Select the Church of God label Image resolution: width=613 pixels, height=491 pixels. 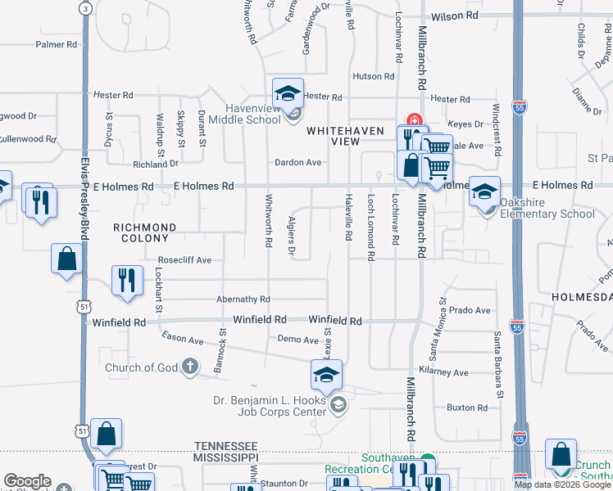point(141,367)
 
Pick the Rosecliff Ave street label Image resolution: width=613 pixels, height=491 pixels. point(184,260)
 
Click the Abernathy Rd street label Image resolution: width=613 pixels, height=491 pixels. point(243,300)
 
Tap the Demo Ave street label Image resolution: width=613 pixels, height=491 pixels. point(297,339)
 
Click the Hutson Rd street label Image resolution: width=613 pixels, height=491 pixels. point(373,76)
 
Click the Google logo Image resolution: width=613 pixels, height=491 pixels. point(27,481)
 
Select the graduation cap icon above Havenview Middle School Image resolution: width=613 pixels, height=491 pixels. point(288,94)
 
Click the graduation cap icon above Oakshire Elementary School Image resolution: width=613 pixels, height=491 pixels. point(484,191)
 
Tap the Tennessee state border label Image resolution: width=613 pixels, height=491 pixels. point(225,445)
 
